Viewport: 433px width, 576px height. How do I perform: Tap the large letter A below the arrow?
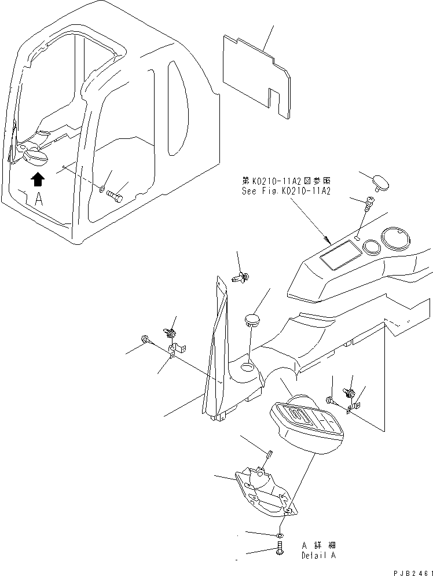[x=38, y=200]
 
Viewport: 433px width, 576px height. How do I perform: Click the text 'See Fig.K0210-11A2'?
[x=286, y=191]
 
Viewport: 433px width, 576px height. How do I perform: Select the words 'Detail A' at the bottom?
[x=318, y=555]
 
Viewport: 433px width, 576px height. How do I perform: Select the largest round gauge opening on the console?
[x=397, y=239]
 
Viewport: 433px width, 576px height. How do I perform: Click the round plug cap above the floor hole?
[x=252, y=320]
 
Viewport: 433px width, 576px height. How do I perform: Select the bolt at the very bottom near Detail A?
[x=281, y=548]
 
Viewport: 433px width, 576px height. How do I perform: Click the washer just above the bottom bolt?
[x=280, y=533]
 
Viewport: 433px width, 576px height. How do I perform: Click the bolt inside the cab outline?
[x=115, y=198]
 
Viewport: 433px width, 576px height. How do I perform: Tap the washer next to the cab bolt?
[x=102, y=189]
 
